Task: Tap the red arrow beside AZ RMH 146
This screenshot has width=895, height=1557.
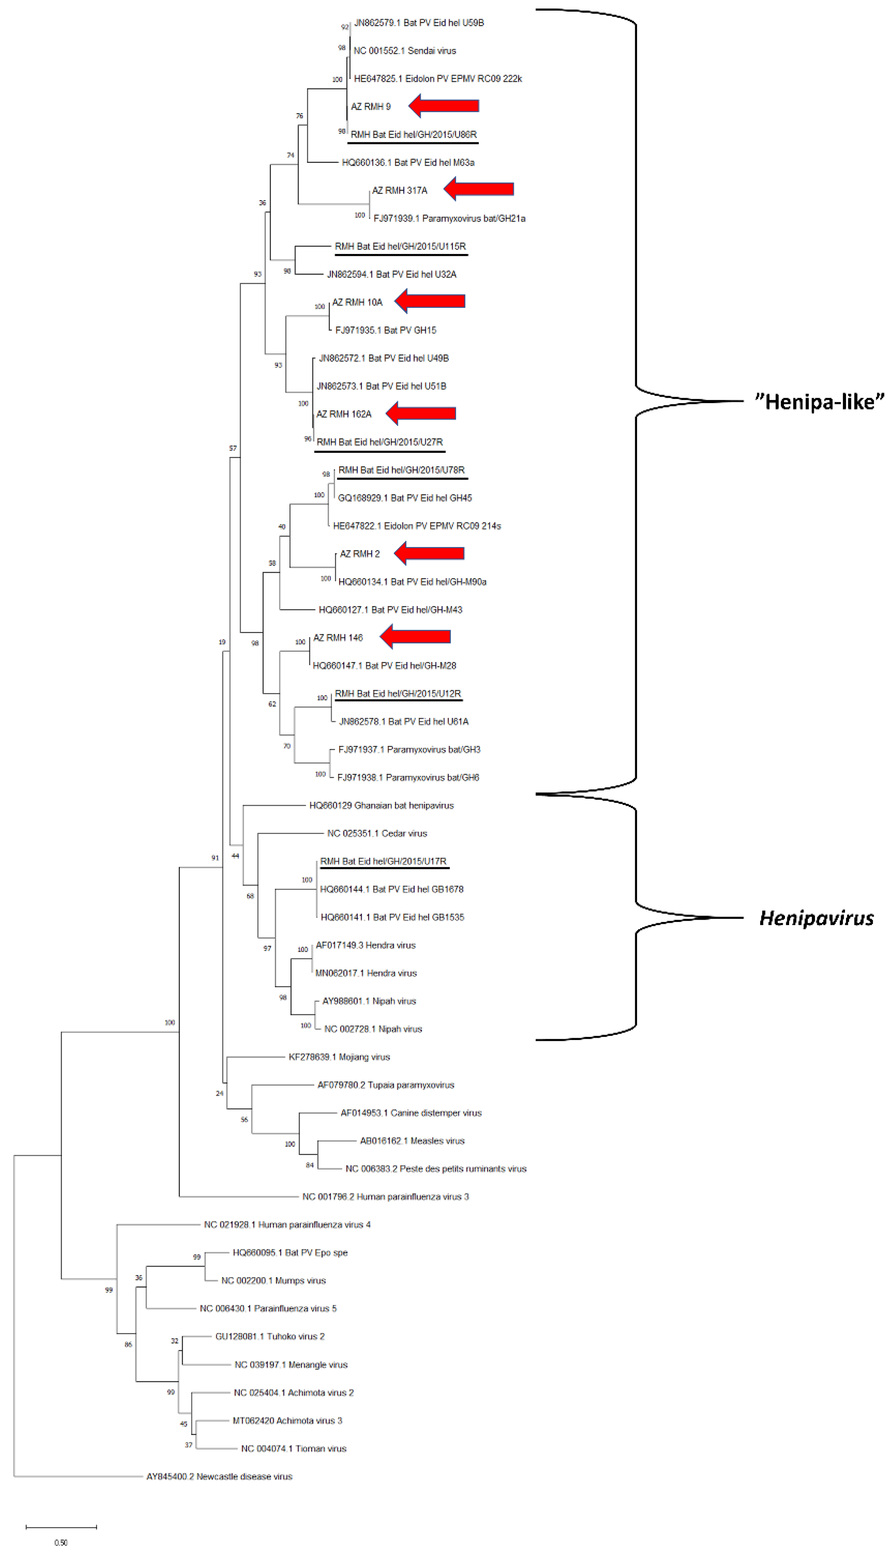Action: tap(415, 637)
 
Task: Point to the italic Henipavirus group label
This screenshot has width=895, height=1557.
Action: tap(816, 918)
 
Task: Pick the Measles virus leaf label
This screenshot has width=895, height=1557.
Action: tap(412, 1141)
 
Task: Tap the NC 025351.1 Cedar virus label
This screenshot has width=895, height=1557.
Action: tap(377, 833)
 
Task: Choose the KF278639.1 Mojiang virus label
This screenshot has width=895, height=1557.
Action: tap(339, 1057)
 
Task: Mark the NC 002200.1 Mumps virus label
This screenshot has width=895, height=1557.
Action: tap(274, 1280)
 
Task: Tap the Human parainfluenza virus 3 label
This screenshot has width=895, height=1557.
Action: tap(385, 1197)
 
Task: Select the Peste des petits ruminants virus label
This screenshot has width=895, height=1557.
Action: tap(436, 1169)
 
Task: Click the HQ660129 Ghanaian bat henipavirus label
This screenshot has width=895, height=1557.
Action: tap(381, 805)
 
